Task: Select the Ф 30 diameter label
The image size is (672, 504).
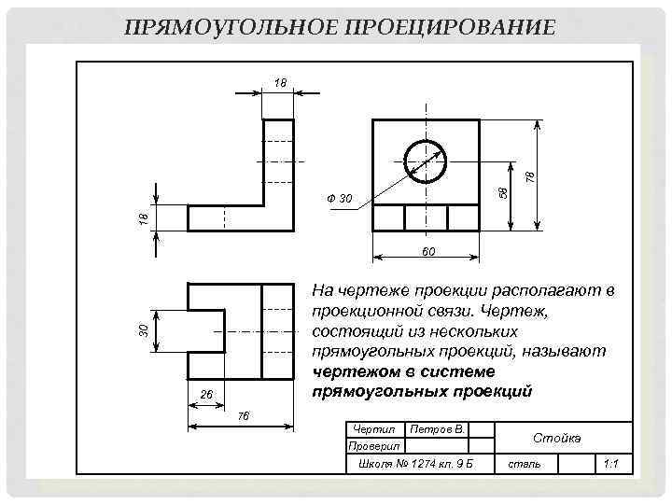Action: pos(340,198)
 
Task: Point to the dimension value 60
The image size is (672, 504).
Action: pos(427,252)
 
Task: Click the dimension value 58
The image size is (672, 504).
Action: pos(502,190)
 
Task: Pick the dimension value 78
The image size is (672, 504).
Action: pos(529,175)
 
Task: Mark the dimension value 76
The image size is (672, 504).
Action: pos(244,414)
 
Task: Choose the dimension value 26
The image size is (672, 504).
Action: pos(207,395)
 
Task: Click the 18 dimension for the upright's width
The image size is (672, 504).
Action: pos(280,83)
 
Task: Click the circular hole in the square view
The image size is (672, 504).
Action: pos(426,162)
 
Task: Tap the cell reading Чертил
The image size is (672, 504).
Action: pos(374,429)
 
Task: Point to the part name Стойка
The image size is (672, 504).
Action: pos(556,438)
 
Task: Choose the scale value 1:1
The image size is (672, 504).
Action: pos(612,464)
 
